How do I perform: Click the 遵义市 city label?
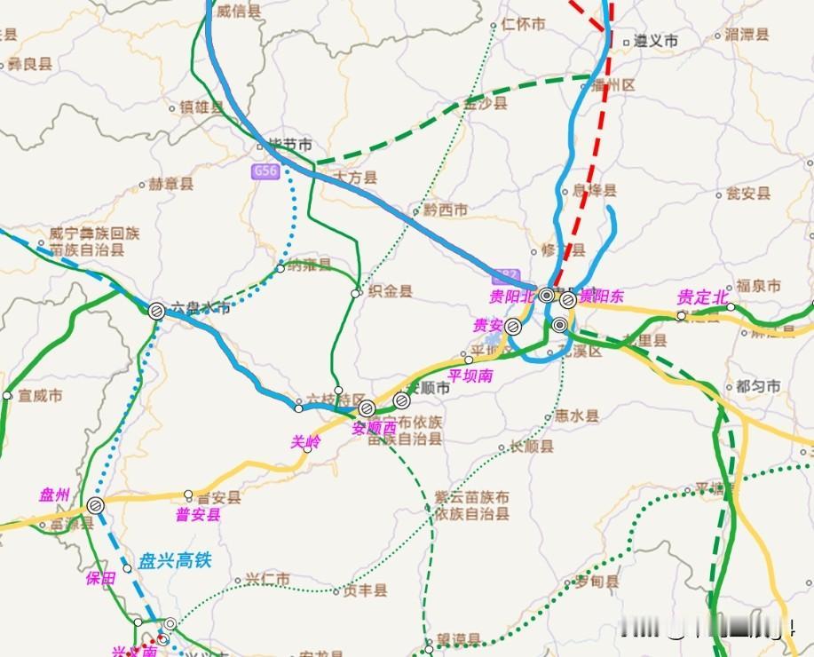(656, 41)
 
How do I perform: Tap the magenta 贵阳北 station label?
(513, 296)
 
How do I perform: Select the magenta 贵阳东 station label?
(602, 297)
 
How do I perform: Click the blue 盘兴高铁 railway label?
(176, 561)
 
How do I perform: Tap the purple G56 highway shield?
(265, 171)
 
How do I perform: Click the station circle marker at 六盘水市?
(155, 310)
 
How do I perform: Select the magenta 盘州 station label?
(54, 495)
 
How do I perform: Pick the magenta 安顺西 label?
(374, 427)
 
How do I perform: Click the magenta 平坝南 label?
(471, 376)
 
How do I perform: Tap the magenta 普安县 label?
(198, 514)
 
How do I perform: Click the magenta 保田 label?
(100, 579)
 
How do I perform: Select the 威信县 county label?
(239, 11)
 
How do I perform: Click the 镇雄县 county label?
(202, 107)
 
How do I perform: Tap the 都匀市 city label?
(758, 386)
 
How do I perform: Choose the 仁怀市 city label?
(524, 25)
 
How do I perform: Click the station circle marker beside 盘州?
(96, 505)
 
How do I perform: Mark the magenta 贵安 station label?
(487, 326)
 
